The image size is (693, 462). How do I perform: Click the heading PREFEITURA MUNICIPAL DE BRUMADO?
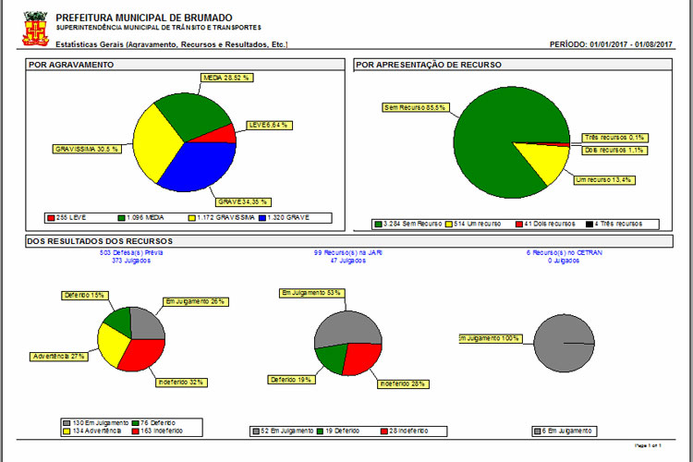[144, 18]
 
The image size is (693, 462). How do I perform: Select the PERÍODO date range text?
[611, 44]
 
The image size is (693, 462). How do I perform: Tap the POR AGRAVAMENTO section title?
[71, 65]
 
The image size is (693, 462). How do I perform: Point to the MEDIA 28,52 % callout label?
[227, 78]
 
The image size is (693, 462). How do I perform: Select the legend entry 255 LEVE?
[66, 217]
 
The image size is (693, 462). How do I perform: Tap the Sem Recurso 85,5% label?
[415, 107]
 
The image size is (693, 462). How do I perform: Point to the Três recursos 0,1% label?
[614, 137]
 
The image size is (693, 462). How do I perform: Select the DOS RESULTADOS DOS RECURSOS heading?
[100, 241]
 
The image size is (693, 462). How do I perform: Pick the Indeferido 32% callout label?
[179, 381]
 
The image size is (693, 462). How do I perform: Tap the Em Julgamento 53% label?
[311, 293]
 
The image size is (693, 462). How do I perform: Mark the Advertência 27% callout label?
[60, 356]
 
